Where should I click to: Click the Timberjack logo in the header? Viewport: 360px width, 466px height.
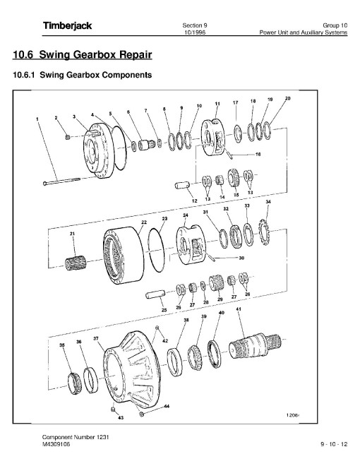tap(68, 26)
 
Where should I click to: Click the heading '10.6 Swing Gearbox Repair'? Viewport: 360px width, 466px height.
tap(83, 54)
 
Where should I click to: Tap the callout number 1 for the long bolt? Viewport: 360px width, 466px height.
tap(37, 119)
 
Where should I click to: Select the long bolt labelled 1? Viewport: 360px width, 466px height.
tap(61, 181)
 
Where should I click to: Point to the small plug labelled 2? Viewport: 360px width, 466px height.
tap(68, 137)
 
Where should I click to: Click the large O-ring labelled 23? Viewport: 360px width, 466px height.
tap(155, 249)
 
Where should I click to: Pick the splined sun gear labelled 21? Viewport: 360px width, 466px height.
tap(76, 263)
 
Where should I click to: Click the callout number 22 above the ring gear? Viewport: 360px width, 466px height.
tap(143, 222)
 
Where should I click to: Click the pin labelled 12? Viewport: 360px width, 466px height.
tap(182, 185)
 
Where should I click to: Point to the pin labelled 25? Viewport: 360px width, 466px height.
tap(155, 294)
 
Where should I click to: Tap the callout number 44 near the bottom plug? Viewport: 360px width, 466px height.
tap(167, 406)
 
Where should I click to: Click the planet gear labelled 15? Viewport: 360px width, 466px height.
tap(234, 178)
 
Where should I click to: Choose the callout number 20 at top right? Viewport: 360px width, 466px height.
tap(287, 98)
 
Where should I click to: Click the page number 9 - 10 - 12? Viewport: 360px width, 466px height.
tap(334, 445)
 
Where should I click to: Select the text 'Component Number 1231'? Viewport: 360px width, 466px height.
tap(76, 437)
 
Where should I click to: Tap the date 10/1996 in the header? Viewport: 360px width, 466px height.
tap(195, 32)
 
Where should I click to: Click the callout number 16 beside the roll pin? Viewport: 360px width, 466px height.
tap(258, 154)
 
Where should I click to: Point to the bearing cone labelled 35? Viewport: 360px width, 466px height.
tap(74, 383)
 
